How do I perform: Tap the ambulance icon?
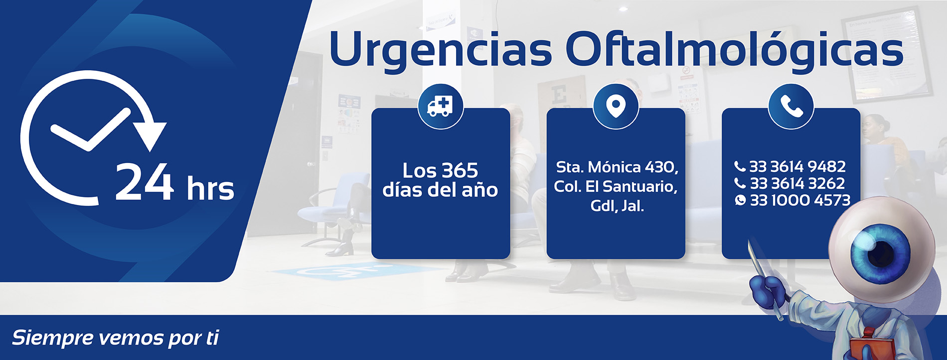(x=441, y=106)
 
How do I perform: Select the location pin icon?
(x=616, y=106)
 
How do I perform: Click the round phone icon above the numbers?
(x=791, y=106)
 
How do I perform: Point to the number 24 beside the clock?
(x=145, y=182)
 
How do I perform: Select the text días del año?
(x=440, y=189)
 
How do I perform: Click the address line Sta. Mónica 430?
(x=617, y=167)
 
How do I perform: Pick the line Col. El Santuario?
(x=616, y=186)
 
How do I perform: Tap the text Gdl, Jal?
(x=617, y=205)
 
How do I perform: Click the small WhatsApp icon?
(x=741, y=200)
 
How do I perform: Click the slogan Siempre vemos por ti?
(x=115, y=338)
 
